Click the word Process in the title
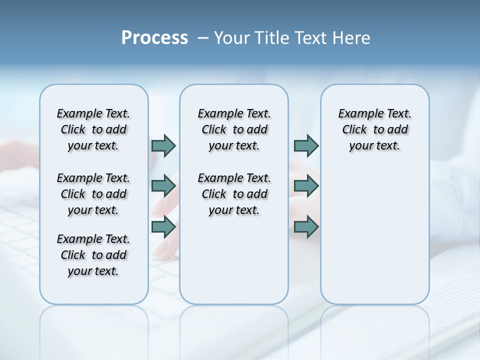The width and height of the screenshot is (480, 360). pyautogui.click(x=154, y=38)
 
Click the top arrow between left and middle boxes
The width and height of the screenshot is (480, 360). pyautogui.click(x=163, y=145)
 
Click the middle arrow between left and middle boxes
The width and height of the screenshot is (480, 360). pyautogui.click(x=163, y=186)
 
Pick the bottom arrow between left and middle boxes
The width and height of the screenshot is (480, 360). pyautogui.click(x=163, y=227)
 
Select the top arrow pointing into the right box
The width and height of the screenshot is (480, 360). pyautogui.click(x=306, y=145)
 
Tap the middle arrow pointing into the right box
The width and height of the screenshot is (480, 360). pyautogui.click(x=306, y=186)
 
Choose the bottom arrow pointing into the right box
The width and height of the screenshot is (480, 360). pyautogui.click(x=306, y=227)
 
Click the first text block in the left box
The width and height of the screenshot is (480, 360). pyautogui.click(x=93, y=129)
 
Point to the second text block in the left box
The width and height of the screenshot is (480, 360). pyautogui.click(x=93, y=194)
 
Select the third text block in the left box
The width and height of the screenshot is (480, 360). pyautogui.click(x=93, y=255)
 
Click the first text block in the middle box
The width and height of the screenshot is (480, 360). pyautogui.click(x=234, y=129)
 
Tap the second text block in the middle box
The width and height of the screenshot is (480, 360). pyautogui.click(x=234, y=194)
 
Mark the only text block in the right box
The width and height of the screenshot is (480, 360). pyautogui.click(x=374, y=129)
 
